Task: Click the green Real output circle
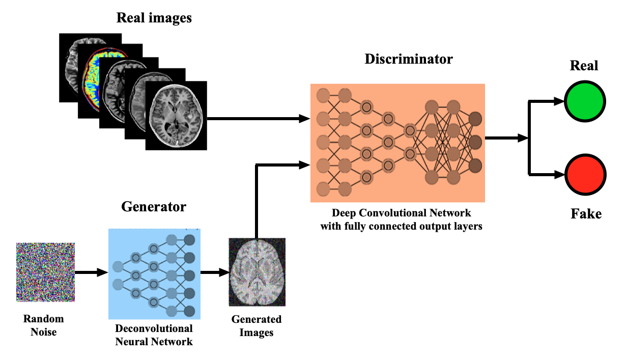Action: coord(585,101)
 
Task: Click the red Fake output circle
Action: coord(585,175)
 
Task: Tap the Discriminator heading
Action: coord(409,59)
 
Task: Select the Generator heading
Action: coord(154,207)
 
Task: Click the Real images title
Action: coord(154,18)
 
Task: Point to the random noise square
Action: coord(45,272)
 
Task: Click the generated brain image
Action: coord(257,272)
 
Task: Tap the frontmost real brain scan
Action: coord(176,116)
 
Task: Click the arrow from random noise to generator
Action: coord(92,272)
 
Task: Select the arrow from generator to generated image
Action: coord(215,272)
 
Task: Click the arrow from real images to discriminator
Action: coord(259,119)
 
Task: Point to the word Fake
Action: coord(586,214)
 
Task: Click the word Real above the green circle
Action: coord(584,66)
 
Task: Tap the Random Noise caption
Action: coord(44,325)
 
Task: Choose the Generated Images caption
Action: coord(256,326)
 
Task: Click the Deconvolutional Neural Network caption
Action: coord(154,335)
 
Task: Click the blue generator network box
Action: coord(155,274)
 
